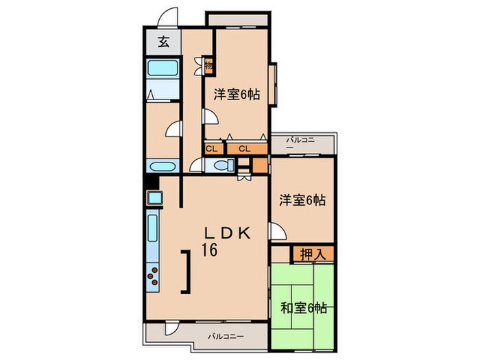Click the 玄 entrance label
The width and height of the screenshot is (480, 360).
point(164,42)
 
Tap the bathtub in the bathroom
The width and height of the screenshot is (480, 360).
point(163,68)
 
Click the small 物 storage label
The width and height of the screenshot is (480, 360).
point(208,66)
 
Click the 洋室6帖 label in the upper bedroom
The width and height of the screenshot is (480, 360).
point(236,96)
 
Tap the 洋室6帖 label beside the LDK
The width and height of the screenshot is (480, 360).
point(302,200)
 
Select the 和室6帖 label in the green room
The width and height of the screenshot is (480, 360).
point(302,308)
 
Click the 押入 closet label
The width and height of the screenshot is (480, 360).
point(313,254)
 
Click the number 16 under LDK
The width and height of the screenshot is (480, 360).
point(209,251)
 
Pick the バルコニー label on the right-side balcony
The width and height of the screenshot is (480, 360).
point(301,144)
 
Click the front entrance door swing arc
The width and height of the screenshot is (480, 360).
point(169,17)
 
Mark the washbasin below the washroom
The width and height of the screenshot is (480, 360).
point(163,167)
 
